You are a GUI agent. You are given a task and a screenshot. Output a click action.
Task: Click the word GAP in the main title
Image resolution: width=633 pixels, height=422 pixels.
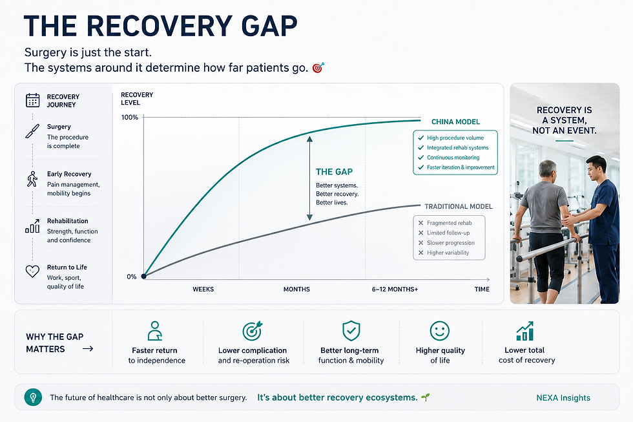pyautogui.click(x=269, y=26)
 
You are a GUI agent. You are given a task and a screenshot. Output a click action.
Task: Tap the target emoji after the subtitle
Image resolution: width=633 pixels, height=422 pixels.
pyautogui.click(x=318, y=67)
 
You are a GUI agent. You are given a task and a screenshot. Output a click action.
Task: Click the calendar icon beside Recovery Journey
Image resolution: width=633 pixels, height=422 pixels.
pyautogui.click(x=33, y=100)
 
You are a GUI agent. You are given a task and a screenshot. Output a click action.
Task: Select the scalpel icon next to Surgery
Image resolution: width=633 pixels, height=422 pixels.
pyautogui.click(x=32, y=131)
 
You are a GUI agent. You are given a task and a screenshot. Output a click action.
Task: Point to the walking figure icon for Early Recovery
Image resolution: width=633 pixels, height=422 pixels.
pyautogui.click(x=32, y=179)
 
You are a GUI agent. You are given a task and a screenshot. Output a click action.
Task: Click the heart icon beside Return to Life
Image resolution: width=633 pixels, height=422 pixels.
pyautogui.click(x=32, y=271)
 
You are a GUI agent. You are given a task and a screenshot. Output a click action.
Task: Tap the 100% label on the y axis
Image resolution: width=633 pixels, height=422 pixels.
pyautogui.click(x=130, y=118)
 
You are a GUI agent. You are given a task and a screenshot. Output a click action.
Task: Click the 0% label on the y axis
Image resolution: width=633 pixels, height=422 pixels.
pyautogui.click(x=132, y=277)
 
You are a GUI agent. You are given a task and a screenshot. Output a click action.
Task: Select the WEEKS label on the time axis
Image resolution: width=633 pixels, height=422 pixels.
pyautogui.click(x=203, y=289)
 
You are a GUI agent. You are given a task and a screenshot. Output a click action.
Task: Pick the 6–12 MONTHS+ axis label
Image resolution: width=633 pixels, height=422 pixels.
pyautogui.click(x=395, y=289)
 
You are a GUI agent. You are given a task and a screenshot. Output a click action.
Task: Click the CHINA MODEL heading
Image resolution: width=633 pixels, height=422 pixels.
pyautogui.click(x=455, y=122)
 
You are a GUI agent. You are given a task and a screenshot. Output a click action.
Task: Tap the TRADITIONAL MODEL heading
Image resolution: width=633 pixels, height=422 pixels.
pyautogui.click(x=458, y=206)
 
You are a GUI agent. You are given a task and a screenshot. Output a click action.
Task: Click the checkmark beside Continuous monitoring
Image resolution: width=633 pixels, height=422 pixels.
pyautogui.click(x=420, y=158)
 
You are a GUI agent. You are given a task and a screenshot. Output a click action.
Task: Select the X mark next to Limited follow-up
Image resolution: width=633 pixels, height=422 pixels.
pyautogui.click(x=420, y=233)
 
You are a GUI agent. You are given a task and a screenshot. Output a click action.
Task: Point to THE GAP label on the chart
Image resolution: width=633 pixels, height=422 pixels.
pyautogui.click(x=335, y=172)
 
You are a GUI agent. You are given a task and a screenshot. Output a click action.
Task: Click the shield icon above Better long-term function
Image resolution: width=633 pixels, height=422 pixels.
pyautogui.click(x=351, y=331)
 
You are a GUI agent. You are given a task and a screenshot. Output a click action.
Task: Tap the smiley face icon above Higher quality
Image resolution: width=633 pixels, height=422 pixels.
pyautogui.click(x=440, y=331)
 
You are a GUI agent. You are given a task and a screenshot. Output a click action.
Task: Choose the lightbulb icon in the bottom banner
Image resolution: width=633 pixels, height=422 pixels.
pyautogui.click(x=33, y=397)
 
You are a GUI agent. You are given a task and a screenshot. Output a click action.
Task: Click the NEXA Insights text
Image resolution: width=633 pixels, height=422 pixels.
pyautogui.click(x=563, y=398)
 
